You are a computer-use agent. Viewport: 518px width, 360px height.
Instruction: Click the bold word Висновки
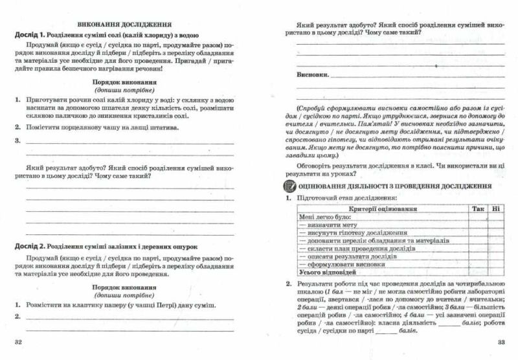coord(312,75)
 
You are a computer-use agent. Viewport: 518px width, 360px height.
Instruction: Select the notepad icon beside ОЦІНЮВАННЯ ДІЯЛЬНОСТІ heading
coord(289,186)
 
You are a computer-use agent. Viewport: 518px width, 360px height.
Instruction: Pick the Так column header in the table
coord(478,209)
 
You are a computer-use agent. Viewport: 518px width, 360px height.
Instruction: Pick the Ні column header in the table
coord(496,209)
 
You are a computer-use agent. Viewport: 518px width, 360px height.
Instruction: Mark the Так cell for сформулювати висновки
coord(478,265)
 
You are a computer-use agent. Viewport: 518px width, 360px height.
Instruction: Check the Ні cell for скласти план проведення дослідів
coord(496,249)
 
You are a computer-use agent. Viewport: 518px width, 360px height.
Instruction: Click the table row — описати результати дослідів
coord(344,256)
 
